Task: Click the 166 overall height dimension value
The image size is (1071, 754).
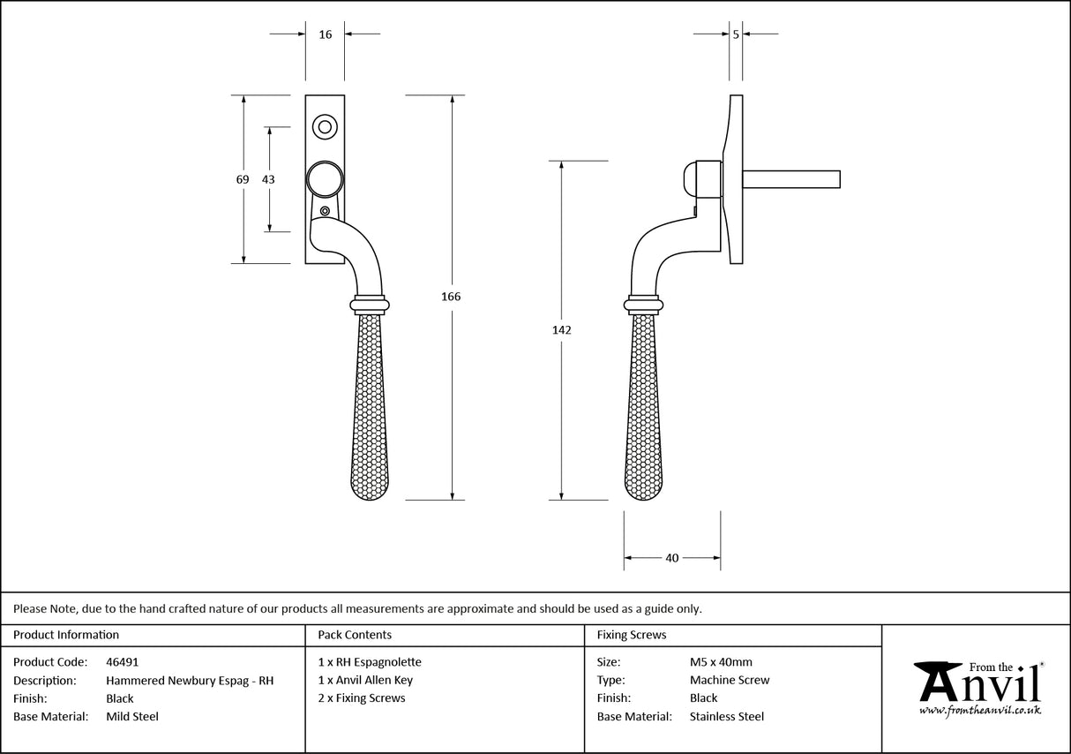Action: (x=451, y=297)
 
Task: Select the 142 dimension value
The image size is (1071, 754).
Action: (x=562, y=330)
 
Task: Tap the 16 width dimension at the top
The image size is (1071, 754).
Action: (x=326, y=34)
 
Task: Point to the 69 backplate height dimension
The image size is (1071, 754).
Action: (x=243, y=179)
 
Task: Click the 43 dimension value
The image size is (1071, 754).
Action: (x=268, y=179)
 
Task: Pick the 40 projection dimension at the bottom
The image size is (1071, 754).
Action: (x=672, y=558)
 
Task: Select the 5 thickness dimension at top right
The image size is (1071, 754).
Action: (x=736, y=34)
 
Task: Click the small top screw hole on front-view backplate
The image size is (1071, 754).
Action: (x=325, y=126)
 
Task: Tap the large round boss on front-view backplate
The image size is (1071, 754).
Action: (x=324, y=179)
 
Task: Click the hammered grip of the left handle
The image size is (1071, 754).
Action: (x=370, y=406)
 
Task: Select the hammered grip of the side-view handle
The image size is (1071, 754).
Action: (x=643, y=406)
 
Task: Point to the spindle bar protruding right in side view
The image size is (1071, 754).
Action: (x=790, y=179)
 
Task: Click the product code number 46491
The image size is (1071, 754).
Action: (x=122, y=662)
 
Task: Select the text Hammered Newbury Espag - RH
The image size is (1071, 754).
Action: (x=190, y=681)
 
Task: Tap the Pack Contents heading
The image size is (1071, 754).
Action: (x=354, y=635)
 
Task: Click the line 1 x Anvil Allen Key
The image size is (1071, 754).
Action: (x=365, y=681)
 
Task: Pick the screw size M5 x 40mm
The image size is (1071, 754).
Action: (x=721, y=662)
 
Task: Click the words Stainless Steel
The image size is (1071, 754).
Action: (x=727, y=717)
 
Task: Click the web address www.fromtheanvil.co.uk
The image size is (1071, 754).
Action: (x=979, y=710)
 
